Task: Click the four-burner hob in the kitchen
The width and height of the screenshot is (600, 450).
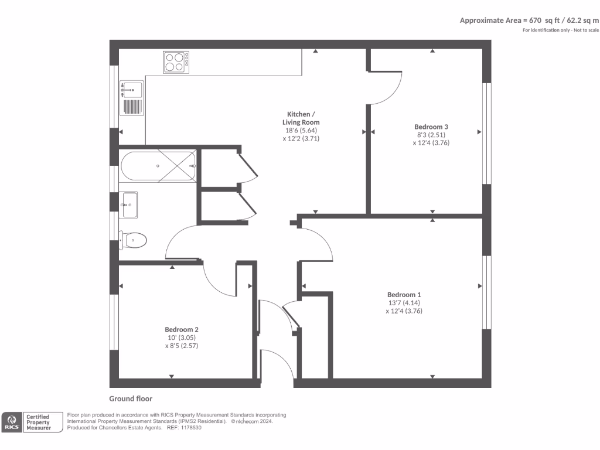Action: click(x=176, y=62)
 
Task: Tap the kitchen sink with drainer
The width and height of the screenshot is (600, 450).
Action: click(x=131, y=98)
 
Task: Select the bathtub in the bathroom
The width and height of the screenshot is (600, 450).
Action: click(x=158, y=166)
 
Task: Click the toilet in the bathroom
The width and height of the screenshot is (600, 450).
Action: click(x=134, y=240)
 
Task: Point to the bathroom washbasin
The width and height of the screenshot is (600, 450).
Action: click(x=129, y=204)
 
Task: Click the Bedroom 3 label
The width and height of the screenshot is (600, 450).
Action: click(x=431, y=127)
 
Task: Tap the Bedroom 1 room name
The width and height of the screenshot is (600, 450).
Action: click(x=404, y=294)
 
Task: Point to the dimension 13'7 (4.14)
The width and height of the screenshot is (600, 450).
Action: click(x=404, y=303)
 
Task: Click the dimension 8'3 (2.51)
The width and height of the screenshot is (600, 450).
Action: click(x=431, y=135)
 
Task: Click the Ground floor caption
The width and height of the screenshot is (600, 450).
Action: click(x=131, y=398)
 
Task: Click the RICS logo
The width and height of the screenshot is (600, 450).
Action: click(x=12, y=422)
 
